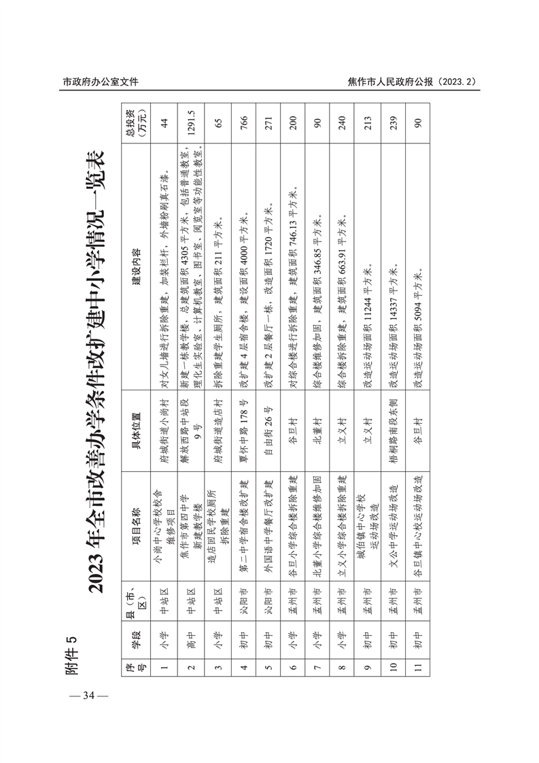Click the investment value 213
(368, 123)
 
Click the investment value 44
(163, 123)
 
